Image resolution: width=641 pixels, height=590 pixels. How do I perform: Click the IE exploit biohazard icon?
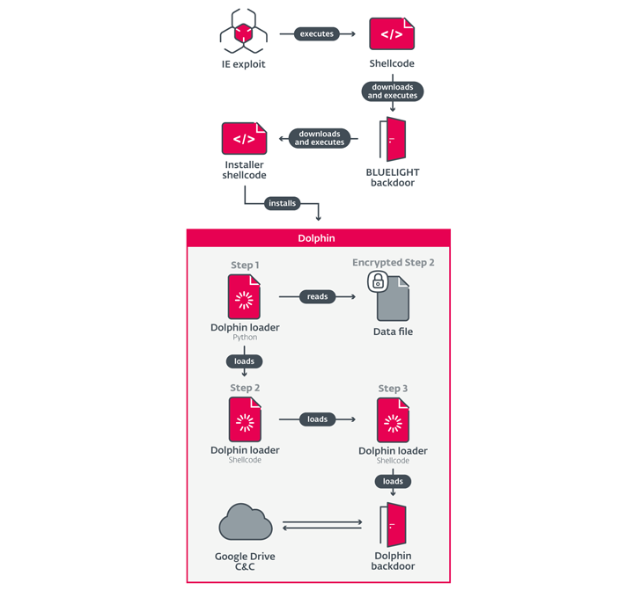click(x=243, y=32)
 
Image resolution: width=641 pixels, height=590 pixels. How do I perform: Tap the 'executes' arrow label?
click(x=317, y=34)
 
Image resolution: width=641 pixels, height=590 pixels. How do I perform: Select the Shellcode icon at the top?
click(x=392, y=33)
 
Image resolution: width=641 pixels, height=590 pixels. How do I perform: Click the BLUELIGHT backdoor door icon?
click(x=393, y=138)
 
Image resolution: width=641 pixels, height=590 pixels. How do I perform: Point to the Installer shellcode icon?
click(x=244, y=138)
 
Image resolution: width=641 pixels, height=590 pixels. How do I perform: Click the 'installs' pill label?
click(x=282, y=203)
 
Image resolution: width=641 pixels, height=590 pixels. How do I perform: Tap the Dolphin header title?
click(x=318, y=238)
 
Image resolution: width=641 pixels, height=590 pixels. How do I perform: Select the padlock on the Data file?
click(x=378, y=281)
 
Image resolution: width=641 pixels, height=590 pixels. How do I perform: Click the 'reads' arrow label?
click(x=317, y=297)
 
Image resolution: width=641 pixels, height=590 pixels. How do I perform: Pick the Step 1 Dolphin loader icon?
click(x=244, y=297)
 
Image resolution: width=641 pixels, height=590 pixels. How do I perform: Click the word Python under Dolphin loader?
click(x=244, y=338)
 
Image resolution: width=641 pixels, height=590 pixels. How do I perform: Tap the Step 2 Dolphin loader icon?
click(x=244, y=419)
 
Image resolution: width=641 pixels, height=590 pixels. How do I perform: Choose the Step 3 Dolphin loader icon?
click(x=393, y=420)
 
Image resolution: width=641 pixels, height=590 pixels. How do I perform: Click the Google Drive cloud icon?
click(x=244, y=524)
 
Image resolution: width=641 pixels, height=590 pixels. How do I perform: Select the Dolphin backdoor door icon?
click(x=393, y=525)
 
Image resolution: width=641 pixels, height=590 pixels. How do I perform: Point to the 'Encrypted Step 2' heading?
click(x=393, y=263)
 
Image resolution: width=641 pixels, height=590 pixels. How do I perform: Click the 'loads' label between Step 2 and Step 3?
click(x=317, y=419)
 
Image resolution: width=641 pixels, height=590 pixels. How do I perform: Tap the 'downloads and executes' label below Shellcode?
click(x=393, y=91)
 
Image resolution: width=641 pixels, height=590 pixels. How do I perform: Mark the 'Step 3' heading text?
click(x=393, y=389)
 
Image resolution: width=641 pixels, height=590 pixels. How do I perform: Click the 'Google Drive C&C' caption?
click(x=244, y=561)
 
